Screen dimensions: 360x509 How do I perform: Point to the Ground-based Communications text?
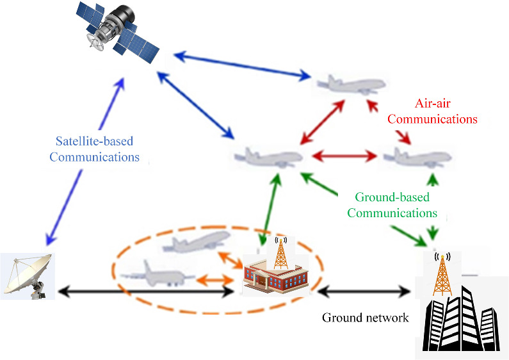392,205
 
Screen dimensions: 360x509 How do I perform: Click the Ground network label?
365,318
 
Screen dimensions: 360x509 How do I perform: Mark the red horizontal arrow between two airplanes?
343,156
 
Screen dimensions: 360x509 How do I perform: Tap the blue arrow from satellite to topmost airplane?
243,63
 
